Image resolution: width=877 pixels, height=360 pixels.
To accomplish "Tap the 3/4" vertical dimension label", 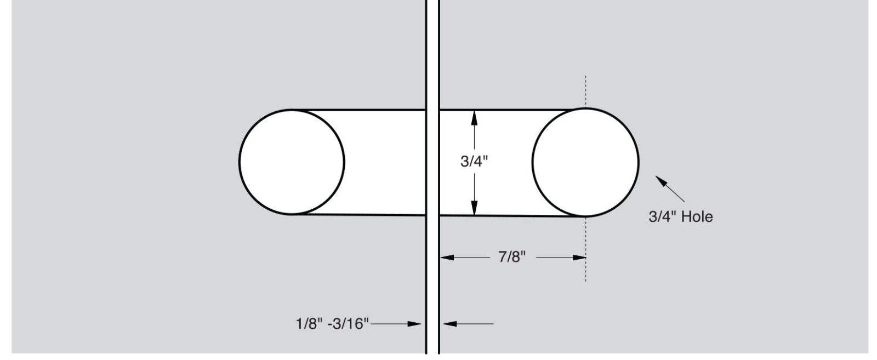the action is coord(474,161).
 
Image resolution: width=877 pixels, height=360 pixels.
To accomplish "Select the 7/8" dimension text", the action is coord(512,257).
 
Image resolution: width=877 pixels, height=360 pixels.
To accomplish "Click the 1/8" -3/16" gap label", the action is coord(332,324).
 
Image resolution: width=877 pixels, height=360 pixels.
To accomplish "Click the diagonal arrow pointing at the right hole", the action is coord(670,189).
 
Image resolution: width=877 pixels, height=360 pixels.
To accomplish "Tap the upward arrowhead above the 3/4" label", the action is coord(474,118).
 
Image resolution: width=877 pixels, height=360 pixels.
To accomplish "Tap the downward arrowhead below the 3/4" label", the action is coord(474,208).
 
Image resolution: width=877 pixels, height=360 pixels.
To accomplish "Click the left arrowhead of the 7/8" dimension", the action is coord(447,258).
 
